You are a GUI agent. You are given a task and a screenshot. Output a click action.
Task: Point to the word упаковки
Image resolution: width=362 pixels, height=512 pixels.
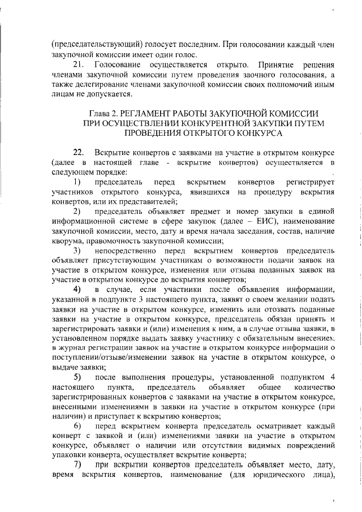(x=68, y=455)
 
